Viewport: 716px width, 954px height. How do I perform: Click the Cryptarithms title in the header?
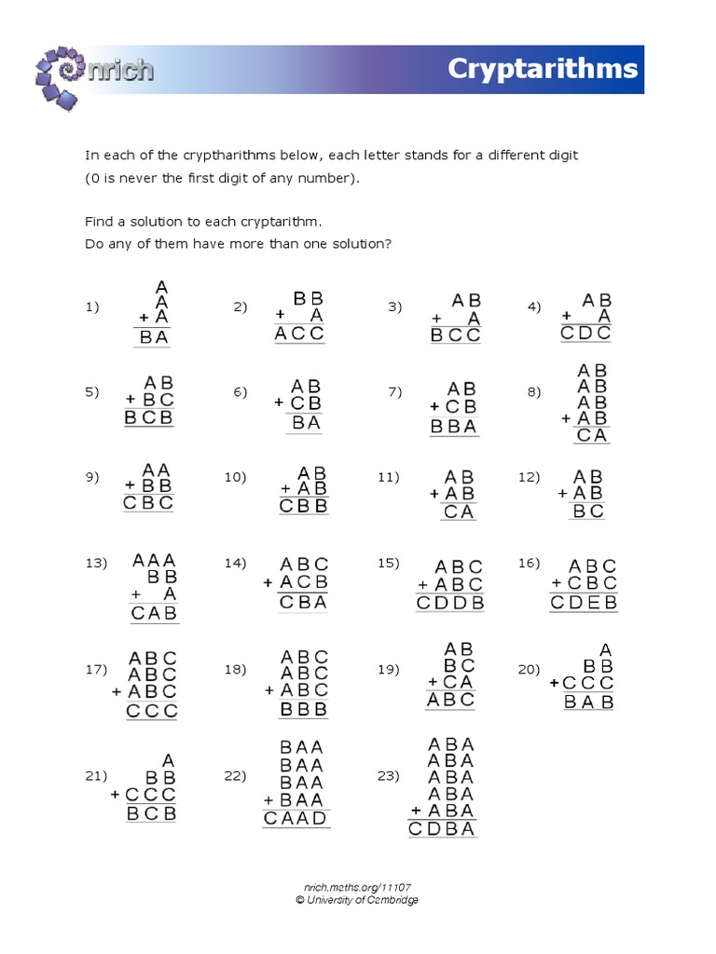(x=543, y=69)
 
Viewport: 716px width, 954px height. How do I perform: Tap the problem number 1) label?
(x=92, y=307)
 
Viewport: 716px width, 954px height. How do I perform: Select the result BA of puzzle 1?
(x=154, y=338)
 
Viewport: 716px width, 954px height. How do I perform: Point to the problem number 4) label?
(x=534, y=307)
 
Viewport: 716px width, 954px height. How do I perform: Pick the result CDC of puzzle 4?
(x=586, y=334)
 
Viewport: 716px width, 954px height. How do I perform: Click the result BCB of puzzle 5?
(x=149, y=418)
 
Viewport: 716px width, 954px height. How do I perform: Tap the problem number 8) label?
(x=534, y=391)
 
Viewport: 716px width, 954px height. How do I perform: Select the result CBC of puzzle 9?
(x=149, y=503)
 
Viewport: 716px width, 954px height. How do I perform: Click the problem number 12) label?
(x=530, y=476)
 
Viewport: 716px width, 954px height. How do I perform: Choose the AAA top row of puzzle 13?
(x=155, y=560)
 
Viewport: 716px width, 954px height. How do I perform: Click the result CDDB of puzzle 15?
(x=450, y=603)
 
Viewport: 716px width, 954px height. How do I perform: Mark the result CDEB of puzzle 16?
(x=584, y=603)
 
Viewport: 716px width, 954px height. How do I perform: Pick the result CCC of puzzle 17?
(x=152, y=712)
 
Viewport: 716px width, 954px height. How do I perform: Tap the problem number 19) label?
(x=389, y=669)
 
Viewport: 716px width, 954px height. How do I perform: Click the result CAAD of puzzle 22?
(x=296, y=819)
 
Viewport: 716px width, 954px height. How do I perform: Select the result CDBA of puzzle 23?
(x=442, y=828)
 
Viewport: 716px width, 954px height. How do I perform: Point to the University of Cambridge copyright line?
(x=357, y=900)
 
